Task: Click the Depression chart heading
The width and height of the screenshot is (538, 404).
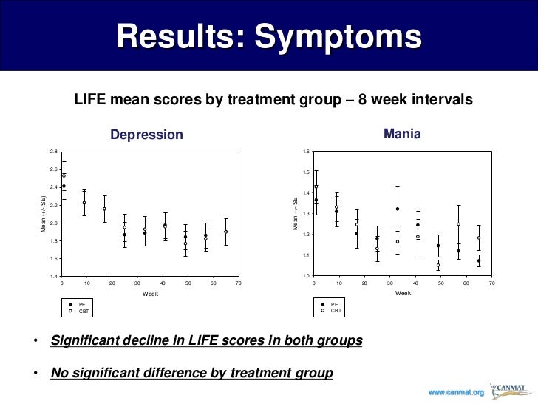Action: (146, 135)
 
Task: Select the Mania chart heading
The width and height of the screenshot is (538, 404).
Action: (402, 134)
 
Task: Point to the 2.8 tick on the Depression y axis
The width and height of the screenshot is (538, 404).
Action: (53, 152)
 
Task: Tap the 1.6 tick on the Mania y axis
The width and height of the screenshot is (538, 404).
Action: (306, 152)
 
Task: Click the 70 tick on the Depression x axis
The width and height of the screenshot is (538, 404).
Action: (239, 283)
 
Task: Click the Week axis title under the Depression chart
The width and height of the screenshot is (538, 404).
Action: (150, 294)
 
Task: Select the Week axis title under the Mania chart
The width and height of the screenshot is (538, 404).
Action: (403, 294)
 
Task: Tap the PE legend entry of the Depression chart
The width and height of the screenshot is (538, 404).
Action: (82, 304)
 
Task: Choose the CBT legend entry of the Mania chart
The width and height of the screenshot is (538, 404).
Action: (335, 311)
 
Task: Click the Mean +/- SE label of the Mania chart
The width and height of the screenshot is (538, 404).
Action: (296, 213)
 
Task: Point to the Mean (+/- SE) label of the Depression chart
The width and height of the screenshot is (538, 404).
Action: (43, 214)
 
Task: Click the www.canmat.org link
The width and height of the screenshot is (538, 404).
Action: (457, 391)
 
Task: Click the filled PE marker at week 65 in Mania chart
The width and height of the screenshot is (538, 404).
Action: (479, 260)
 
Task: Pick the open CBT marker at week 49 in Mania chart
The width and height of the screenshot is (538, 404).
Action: (438, 265)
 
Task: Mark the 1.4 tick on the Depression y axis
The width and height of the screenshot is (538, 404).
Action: (53, 276)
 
